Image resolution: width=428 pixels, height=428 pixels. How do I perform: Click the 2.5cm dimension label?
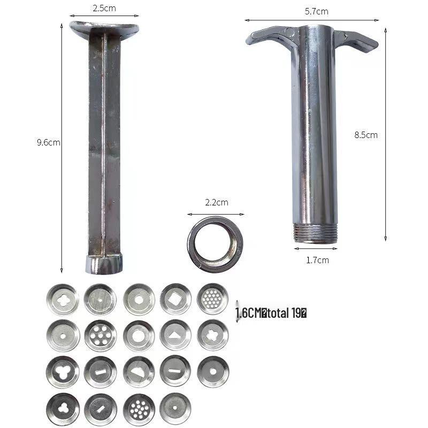tap(104, 8)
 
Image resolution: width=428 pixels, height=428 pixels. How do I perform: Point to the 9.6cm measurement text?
tap(48, 142)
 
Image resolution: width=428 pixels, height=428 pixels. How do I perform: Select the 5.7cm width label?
tap(316, 11)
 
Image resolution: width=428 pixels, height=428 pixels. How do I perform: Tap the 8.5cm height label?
tap(366, 135)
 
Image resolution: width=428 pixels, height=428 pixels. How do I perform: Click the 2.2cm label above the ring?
tap(217, 202)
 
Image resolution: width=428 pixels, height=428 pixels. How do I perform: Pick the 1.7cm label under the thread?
tap(318, 260)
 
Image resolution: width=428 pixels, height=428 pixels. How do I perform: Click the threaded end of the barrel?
tap(316, 233)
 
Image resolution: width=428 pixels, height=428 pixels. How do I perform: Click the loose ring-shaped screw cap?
tap(215, 244)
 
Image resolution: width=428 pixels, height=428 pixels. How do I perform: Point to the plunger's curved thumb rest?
tap(104, 28)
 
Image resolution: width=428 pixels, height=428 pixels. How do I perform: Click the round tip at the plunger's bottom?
tap(104, 264)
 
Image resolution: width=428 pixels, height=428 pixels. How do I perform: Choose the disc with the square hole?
tap(175, 299)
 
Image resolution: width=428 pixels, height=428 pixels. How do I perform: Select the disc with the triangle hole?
tap(175, 335)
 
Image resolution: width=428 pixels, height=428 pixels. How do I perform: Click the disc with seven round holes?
tap(100, 335)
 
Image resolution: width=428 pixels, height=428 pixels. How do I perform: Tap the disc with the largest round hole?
tap(138, 335)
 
